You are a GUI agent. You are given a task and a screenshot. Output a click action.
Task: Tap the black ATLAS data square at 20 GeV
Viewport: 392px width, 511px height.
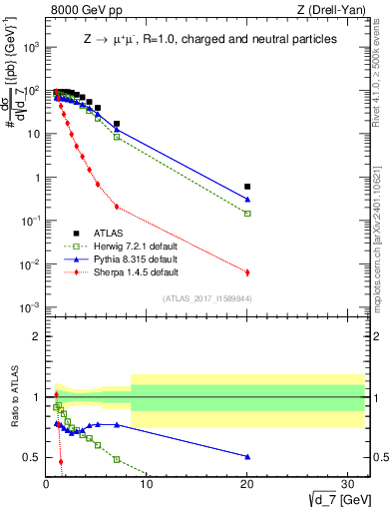point(247,187)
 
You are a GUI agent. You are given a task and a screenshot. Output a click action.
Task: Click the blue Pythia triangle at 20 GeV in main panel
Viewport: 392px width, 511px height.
point(247,200)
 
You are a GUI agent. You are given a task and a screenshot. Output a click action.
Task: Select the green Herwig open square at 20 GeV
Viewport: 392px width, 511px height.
point(247,214)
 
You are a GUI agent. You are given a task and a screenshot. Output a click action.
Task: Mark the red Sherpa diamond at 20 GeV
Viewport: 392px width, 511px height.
point(247,272)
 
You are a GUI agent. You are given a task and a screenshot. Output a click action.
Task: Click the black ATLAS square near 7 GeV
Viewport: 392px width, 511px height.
point(117,124)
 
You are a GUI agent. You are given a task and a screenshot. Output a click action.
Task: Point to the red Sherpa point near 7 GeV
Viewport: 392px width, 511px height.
point(117,207)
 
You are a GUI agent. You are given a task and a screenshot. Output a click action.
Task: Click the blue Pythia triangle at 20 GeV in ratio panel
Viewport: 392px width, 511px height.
point(247,456)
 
